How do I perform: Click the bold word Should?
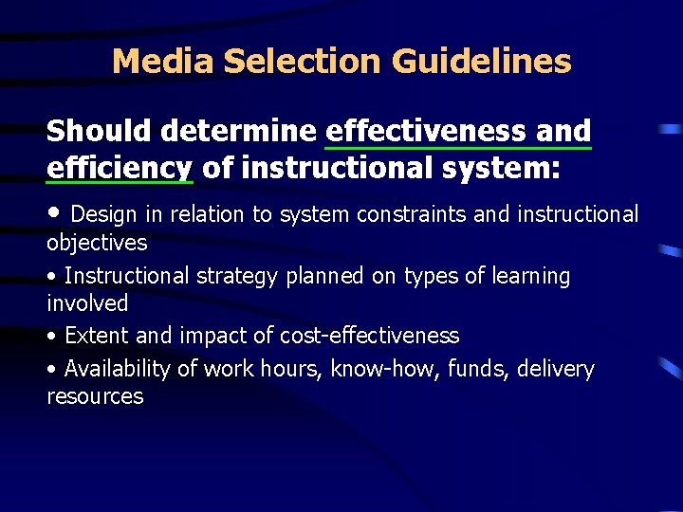pyautogui.click(x=99, y=131)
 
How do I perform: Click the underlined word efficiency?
pyautogui.click(x=120, y=168)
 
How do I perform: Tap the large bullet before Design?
pyautogui.click(x=55, y=211)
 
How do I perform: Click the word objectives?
pyautogui.click(x=97, y=243)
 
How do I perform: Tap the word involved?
pyautogui.click(x=87, y=303)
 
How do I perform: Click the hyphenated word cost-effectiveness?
pyautogui.click(x=370, y=336)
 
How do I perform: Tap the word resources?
pyautogui.click(x=95, y=396)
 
